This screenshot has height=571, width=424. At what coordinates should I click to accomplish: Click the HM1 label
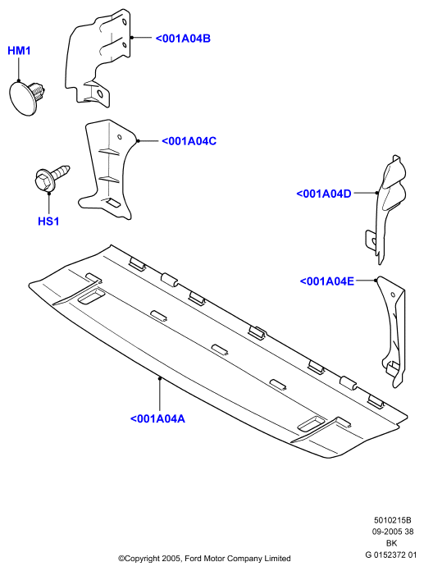19,51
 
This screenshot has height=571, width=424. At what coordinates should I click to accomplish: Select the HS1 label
48,221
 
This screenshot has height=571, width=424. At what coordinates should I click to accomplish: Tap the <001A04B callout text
183,39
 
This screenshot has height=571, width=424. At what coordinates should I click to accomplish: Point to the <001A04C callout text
189,141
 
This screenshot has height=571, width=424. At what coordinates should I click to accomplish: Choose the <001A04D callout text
324,194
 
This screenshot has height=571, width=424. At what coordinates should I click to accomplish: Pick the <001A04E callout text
327,281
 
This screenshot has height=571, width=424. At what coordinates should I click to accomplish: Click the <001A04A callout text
157,418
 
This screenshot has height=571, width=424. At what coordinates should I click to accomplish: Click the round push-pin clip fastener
26,98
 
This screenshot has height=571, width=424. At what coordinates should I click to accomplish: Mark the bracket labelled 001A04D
385,208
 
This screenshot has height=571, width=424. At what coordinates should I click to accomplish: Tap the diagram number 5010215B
392,520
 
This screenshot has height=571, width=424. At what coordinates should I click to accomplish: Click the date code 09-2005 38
392,532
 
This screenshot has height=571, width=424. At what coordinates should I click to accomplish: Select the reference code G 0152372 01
391,555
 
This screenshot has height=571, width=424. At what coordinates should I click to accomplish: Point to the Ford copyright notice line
204,558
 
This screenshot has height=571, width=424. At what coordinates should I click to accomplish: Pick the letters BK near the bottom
392,543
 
